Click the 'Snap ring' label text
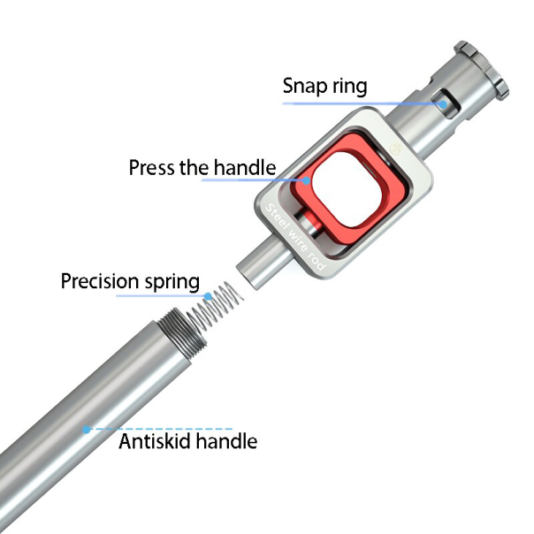click(x=324, y=86)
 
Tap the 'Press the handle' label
click(x=202, y=167)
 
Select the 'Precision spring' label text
click(x=130, y=281)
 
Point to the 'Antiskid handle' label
click(x=187, y=441)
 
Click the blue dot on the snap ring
click(x=443, y=103)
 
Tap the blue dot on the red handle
click(x=307, y=180)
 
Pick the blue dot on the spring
click(x=208, y=296)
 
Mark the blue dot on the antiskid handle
click(x=87, y=430)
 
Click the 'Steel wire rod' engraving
click(x=295, y=237)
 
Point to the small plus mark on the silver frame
click(x=396, y=149)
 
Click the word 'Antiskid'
click(x=154, y=441)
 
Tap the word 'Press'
click(x=151, y=168)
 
